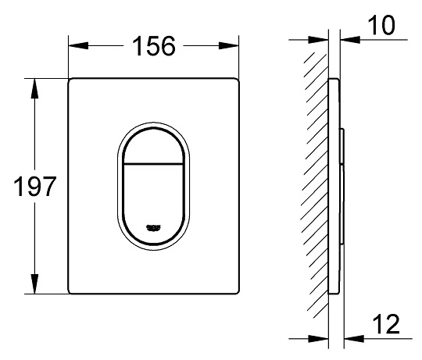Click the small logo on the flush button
coord(153,226)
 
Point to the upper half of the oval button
coord(153,145)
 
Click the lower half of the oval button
coord(153,195)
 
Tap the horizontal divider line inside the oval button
coord(153,166)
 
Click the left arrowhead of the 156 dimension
coord(74,48)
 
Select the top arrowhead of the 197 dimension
coord(34,84)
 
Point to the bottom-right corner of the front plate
coord(236,293)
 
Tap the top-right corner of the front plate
coord(236,81)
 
